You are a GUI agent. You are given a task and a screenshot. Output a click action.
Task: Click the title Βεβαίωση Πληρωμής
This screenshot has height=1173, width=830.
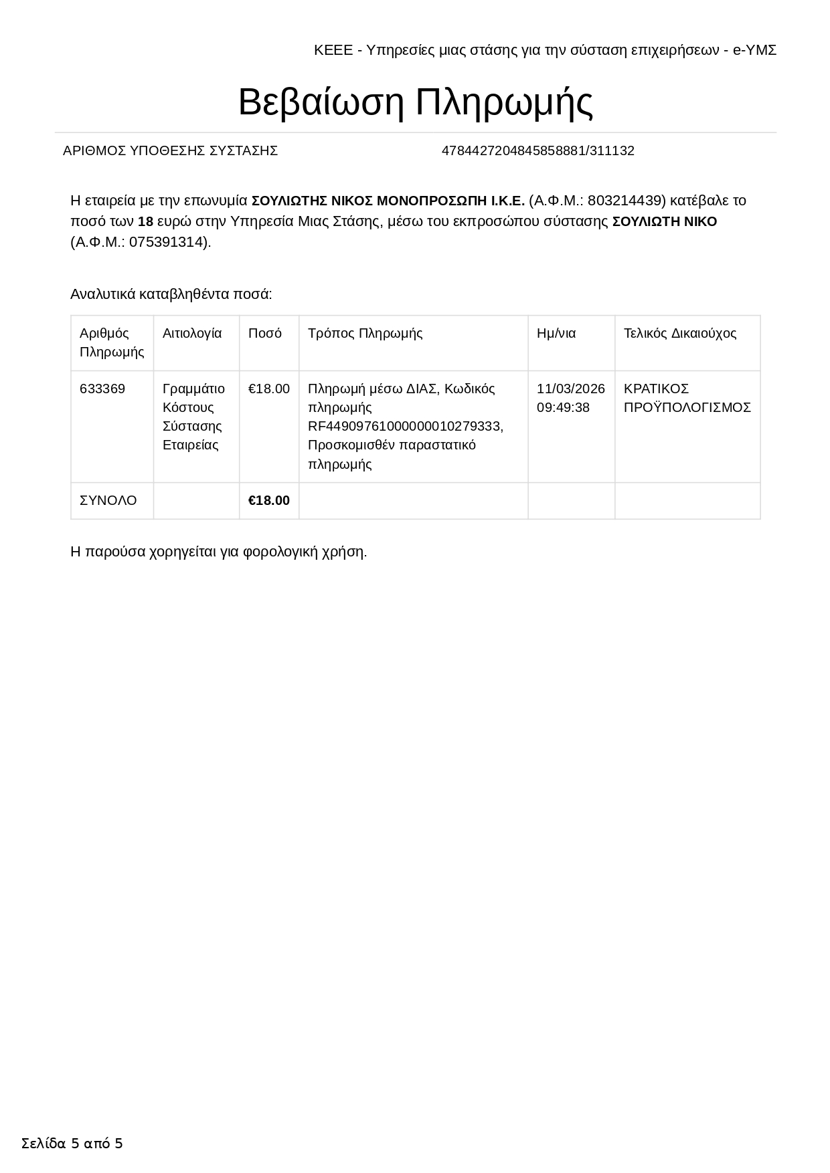(x=415, y=102)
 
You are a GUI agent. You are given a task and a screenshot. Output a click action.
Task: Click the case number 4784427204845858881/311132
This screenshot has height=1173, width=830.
(x=537, y=151)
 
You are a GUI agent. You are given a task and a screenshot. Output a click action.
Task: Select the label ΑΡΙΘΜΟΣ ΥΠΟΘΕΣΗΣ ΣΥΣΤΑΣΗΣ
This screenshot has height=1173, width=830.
(x=170, y=151)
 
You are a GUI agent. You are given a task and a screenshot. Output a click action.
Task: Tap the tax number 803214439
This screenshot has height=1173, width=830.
(x=625, y=201)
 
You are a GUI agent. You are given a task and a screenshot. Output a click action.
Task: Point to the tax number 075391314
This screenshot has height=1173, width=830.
(x=165, y=242)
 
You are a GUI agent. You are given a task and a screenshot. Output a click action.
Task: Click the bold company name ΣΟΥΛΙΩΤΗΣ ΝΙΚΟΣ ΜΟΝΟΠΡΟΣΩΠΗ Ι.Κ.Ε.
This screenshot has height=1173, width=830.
(x=388, y=201)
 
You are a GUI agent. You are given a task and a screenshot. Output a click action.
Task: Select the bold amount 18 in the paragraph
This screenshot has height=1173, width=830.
(x=145, y=221)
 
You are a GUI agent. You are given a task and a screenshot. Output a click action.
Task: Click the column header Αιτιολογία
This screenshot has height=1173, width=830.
(x=192, y=333)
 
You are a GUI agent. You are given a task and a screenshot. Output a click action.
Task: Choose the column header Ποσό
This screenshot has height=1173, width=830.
(x=264, y=333)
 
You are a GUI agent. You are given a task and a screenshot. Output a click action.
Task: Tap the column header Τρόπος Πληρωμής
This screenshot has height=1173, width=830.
(x=365, y=333)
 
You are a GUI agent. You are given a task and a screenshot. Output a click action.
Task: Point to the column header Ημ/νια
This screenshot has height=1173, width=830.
(x=556, y=333)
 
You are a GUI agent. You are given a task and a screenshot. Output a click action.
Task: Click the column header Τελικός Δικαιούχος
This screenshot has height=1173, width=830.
(x=679, y=333)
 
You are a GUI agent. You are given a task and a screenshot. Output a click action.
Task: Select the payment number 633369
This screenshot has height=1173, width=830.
(x=102, y=389)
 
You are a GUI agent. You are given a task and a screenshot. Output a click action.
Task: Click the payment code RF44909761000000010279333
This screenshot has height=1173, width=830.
(x=405, y=426)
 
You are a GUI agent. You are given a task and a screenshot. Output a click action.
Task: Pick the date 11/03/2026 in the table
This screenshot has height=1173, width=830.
(x=570, y=389)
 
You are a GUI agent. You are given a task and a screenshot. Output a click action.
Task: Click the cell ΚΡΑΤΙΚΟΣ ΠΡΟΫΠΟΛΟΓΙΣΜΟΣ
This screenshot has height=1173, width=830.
(x=687, y=398)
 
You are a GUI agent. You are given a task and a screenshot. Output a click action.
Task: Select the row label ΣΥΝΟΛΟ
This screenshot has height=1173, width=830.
(x=108, y=500)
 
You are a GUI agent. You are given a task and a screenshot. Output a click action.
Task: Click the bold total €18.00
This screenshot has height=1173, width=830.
(x=268, y=500)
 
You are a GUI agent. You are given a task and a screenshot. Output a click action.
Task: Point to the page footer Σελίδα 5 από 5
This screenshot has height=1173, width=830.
(x=72, y=1143)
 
